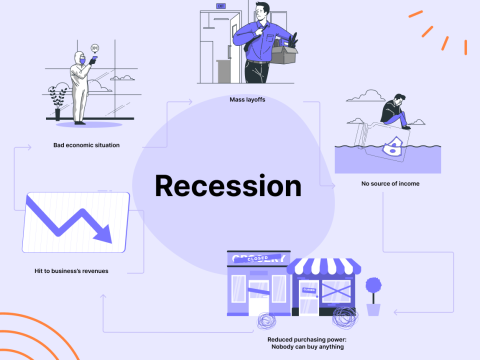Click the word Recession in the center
click(227, 186)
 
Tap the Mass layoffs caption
click(246, 100)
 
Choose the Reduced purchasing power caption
click(296, 343)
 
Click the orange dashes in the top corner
click(440, 30)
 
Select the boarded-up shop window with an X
click(336, 296)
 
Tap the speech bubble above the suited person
click(94, 48)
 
